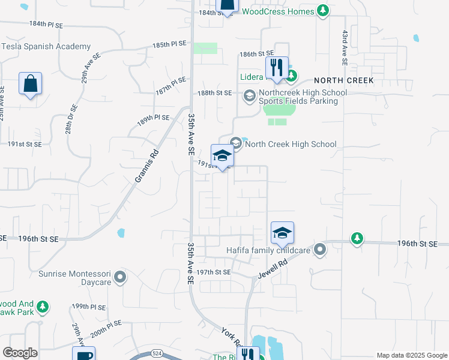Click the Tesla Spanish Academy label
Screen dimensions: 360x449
(x=46, y=46)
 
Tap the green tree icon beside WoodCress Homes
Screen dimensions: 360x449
(x=323, y=11)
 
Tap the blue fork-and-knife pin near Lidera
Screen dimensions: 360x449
(x=276, y=67)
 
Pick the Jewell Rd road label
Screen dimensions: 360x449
(x=274, y=263)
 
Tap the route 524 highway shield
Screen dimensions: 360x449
(x=157, y=353)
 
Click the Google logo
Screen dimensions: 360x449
(x=20, y=353)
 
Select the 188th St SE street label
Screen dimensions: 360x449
(x=215, y=93)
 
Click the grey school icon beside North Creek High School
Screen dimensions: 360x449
(x=236, y=143)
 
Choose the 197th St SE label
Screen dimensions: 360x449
(x=214, y=272)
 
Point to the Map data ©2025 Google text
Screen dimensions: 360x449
(x=412, y=355)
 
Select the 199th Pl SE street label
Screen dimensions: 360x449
(x=88, y=307)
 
